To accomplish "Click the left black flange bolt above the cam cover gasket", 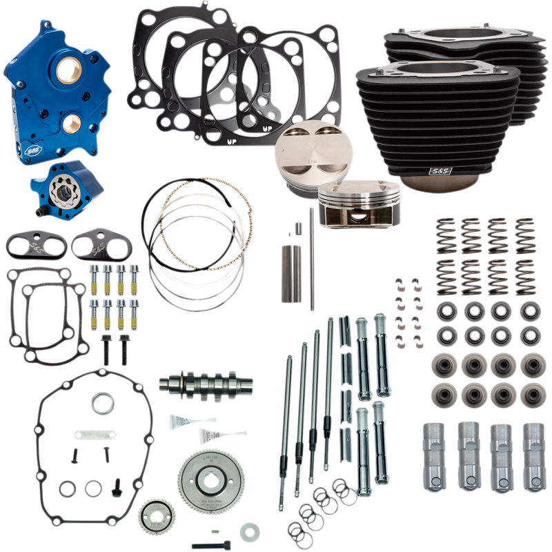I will (x=105, y=348).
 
